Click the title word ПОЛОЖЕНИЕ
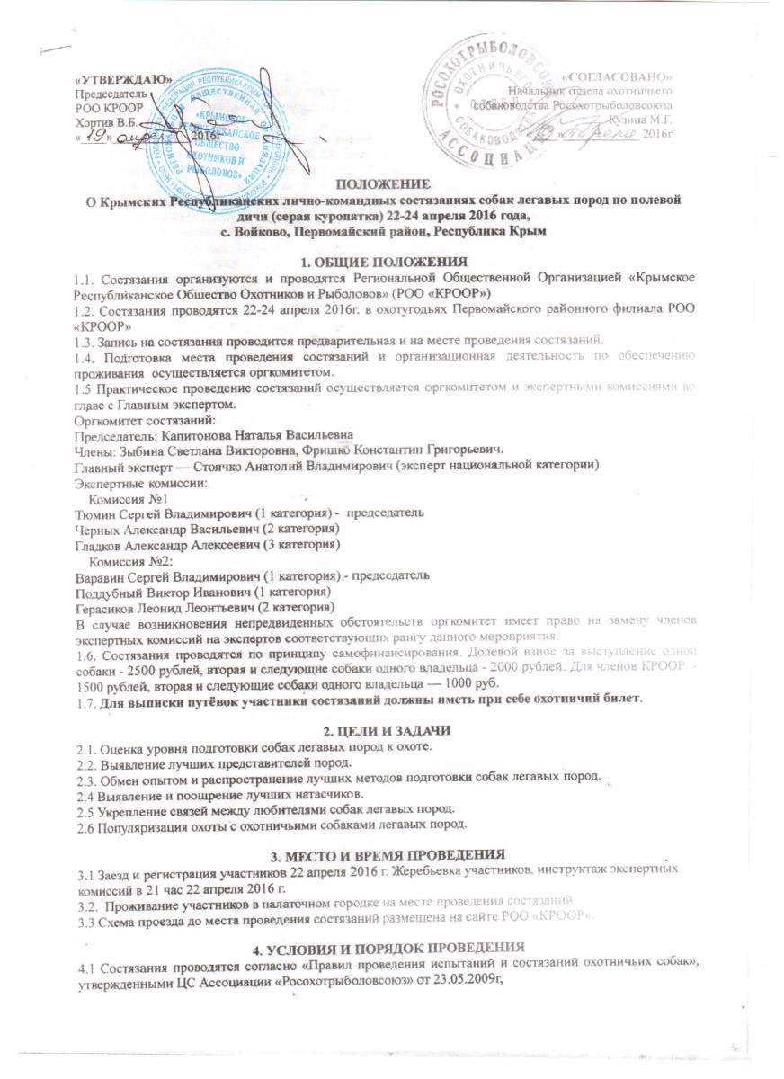389,183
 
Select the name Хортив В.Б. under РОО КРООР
105,120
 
